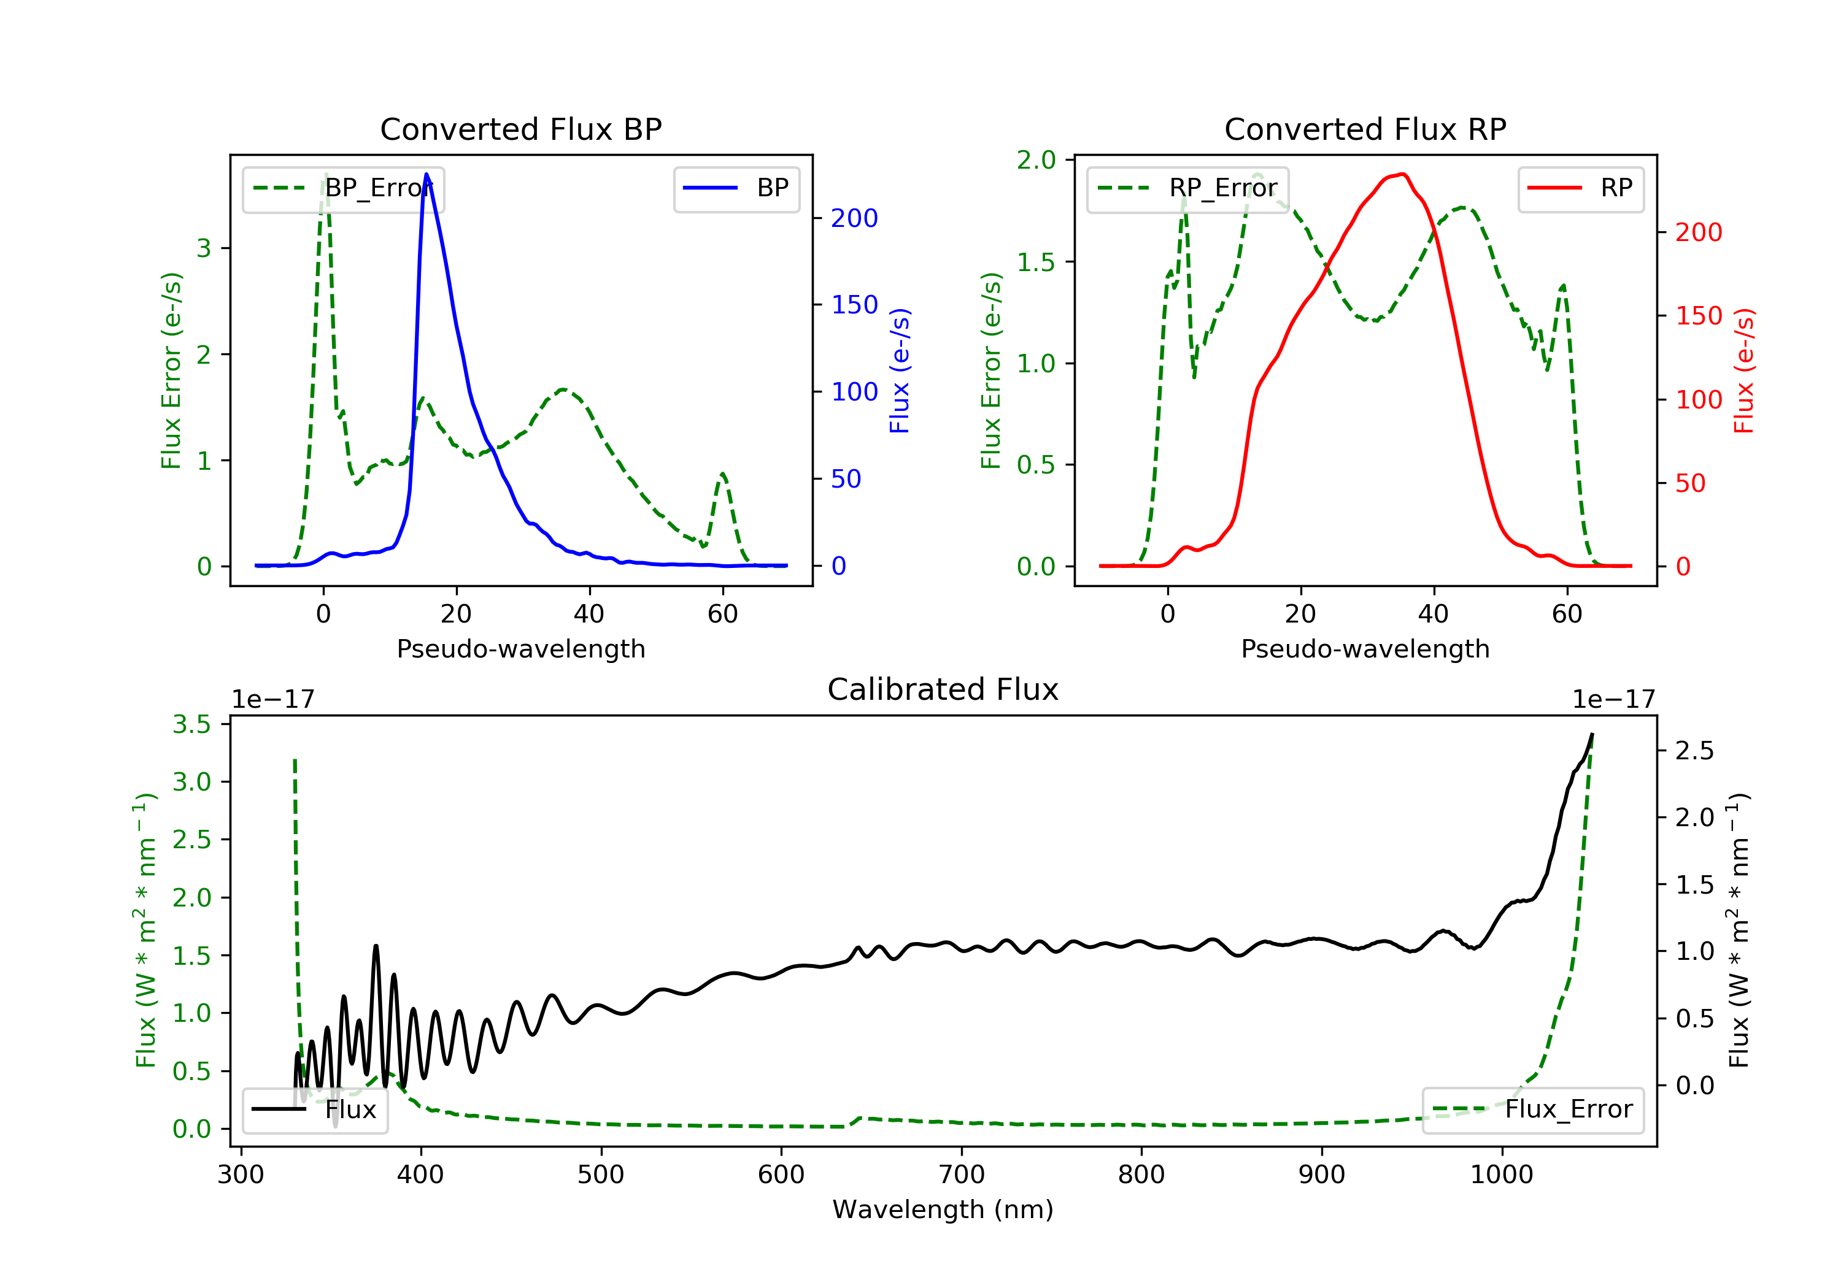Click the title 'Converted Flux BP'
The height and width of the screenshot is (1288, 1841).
pos(520,129)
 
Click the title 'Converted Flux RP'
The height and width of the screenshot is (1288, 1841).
pos(1365,129)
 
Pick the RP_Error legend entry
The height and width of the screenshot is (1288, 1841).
pos(1187,188)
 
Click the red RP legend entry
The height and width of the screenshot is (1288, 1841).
pos(1580,188)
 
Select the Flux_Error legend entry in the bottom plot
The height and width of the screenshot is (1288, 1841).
pos(1532,1110)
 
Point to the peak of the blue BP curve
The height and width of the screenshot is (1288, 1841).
pos(426,174)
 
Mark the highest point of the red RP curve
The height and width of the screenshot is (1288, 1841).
pos(1402,174)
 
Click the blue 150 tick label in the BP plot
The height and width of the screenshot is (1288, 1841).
pos(854,305)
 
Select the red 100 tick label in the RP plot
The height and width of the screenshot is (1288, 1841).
pos(1698,399)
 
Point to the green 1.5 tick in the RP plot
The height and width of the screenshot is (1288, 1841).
pos(1036,262)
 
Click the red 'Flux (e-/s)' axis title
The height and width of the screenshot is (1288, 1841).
pos(1744,371)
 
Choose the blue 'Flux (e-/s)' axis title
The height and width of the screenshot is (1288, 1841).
pos(900,371)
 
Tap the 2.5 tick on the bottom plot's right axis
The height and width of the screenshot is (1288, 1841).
pos(1694,750)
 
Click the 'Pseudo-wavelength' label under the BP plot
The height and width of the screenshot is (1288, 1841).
pos(520,648)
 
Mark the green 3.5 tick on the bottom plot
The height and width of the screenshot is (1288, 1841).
pos(191,724)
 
